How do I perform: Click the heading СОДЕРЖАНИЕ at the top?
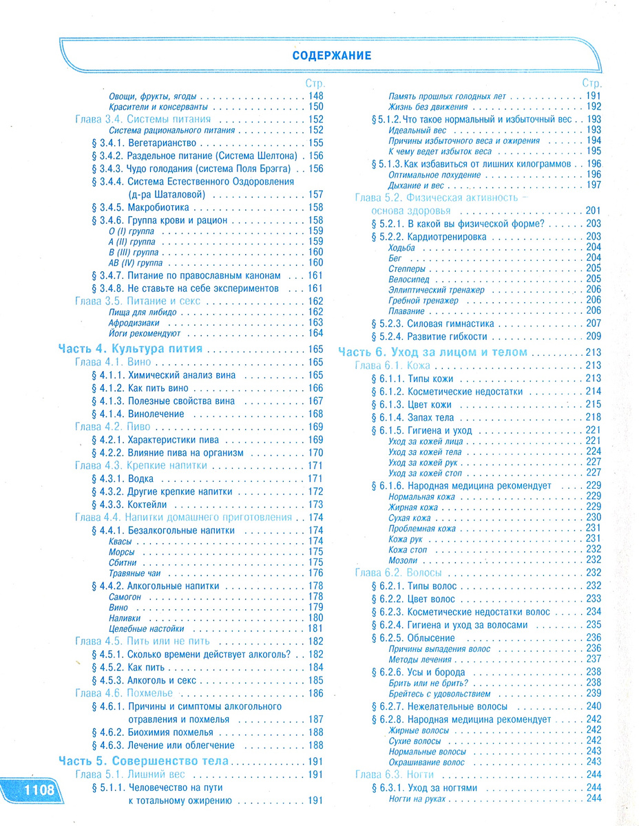[x=331, y=55]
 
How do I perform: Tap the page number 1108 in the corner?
[x=30, y=790]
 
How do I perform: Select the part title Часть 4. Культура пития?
[x=130, y=349]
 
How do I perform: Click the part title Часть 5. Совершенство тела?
[x=144, y=762]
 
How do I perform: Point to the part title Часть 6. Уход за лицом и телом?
[x=432, y=352]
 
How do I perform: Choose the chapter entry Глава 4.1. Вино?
[x=112, y=362]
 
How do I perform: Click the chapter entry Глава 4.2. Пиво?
[x=112, y=427]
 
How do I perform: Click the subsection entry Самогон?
[x=125, y=597]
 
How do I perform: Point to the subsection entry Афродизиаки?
[x=134, y=322]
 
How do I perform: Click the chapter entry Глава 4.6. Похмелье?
[x=123, y=692]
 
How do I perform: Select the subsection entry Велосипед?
[x=408, y=279]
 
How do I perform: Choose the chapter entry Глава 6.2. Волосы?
[x=398, y=573]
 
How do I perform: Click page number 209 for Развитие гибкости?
[x=593, y=337]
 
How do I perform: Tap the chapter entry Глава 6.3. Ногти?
[x=394, y=774]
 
